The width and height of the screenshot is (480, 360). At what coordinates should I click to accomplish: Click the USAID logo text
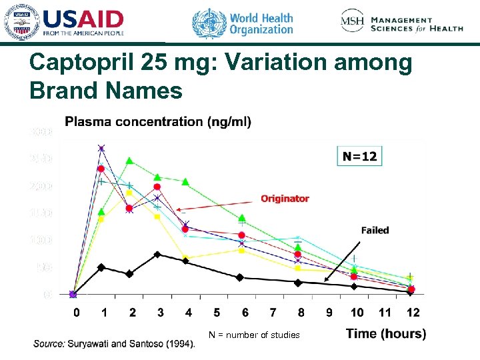coord(83,19)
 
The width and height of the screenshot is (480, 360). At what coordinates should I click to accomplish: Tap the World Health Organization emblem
coord(209,23)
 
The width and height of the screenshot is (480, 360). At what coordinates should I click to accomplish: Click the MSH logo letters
coord(353,21)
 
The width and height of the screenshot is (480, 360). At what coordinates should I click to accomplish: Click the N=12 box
coord(360,157)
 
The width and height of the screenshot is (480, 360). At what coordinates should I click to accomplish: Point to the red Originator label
coord(285,199)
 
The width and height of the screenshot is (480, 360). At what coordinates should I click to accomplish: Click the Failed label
coord(375,230)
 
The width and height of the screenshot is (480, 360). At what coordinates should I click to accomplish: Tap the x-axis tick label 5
coord(217,313)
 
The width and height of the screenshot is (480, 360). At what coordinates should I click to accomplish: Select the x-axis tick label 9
coord(329,313)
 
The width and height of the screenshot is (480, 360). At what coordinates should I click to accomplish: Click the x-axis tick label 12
coord(413,313)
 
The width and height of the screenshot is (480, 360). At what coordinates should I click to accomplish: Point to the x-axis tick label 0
coord(77,313)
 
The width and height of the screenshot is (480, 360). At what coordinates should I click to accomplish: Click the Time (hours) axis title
coord(386,334)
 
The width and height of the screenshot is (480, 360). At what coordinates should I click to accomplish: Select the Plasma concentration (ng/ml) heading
coord(158,122)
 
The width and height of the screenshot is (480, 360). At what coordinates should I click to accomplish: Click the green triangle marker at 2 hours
coord(130,161)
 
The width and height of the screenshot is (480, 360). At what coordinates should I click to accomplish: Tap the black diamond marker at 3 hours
coord(157,254)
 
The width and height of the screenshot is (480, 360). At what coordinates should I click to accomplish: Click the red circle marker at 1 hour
coord(101,169)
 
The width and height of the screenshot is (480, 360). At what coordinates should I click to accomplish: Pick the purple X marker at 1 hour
coord(102,148)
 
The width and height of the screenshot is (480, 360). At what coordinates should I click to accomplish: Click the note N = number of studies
coord(254,335)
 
